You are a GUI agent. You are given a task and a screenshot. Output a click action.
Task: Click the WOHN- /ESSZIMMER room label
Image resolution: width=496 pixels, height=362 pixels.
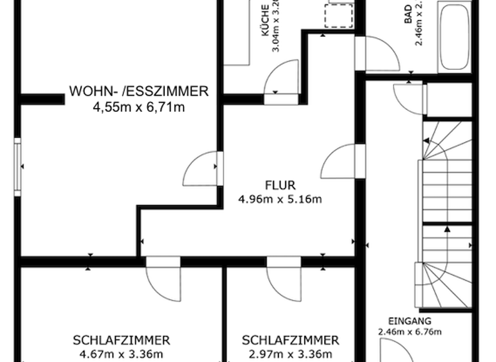coord(139,91)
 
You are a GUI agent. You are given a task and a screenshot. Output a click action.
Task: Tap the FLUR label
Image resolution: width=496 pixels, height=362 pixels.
coord(279,184)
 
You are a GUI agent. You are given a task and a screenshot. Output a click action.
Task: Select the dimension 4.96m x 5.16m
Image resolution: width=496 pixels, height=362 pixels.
coord(279,199)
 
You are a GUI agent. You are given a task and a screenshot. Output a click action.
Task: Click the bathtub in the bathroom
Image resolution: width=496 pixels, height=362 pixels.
coord(455,36)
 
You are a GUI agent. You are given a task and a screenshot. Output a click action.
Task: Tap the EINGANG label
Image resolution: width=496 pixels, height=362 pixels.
coord(409,321)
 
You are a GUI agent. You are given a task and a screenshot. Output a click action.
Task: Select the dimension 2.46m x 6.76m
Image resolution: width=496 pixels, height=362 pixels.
coord(409,332)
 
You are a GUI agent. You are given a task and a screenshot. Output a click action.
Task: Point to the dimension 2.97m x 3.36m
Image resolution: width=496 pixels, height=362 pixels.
coord(291,354)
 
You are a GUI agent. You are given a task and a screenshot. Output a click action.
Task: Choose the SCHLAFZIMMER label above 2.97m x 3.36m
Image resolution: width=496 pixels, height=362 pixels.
coord(291,340)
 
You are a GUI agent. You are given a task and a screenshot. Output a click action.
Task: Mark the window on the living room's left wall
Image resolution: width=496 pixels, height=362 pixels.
coord(17,166)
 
